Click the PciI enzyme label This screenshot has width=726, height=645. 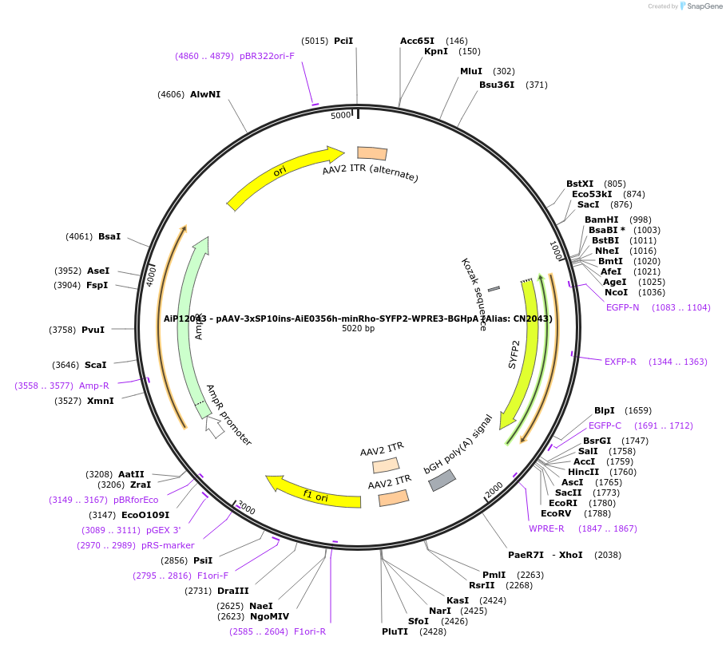click(343, 41)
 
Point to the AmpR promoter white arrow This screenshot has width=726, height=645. click(214, 427)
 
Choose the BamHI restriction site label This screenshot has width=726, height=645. click(601, 220)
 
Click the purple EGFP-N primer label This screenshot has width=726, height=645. click(622, 307)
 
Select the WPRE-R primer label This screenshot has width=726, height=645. click(546, 528)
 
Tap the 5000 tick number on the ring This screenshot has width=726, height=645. click(341, 116)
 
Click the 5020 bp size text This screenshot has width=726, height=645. click(358, 328)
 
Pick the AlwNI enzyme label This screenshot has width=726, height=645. click(205, 94)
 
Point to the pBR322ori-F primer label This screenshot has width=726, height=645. click(267, 56)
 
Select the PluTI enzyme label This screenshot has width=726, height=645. click(395, 631)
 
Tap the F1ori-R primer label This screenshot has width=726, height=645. click(310, 631)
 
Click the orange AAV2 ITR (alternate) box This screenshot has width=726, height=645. click(372, 153)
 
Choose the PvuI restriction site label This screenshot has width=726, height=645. click(93, 330)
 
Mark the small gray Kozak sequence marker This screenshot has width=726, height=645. click(494, 289)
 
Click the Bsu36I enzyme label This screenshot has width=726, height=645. click(497, 85)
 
